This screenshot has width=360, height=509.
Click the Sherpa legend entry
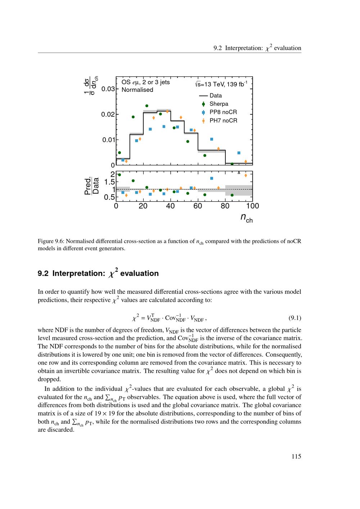click(219, 104)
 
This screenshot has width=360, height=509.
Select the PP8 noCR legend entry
click(223, 112)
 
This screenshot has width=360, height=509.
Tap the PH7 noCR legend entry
click(223, 121)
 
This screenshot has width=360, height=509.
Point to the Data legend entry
click(215, 96)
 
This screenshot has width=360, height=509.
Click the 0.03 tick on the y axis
click(108, 89)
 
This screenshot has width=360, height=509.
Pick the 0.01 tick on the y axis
click(108, 140)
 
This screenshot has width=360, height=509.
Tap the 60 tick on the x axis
click(198, 206)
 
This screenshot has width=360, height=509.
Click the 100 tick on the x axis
click(253, 206)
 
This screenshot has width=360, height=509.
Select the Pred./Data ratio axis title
click(92, 186)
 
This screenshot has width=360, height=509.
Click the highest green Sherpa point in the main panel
click(147, 106)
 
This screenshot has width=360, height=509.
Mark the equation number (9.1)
click(295, 318)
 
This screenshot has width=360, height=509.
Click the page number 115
click(296, 456)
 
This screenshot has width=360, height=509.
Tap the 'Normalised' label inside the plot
click(137, 90)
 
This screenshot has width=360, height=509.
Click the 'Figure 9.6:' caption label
click(51, 241)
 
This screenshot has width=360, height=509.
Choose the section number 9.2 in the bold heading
click(43, 274)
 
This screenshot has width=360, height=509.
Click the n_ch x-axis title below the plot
click(247, 217)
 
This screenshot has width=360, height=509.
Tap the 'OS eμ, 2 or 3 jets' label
click(145, 82)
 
